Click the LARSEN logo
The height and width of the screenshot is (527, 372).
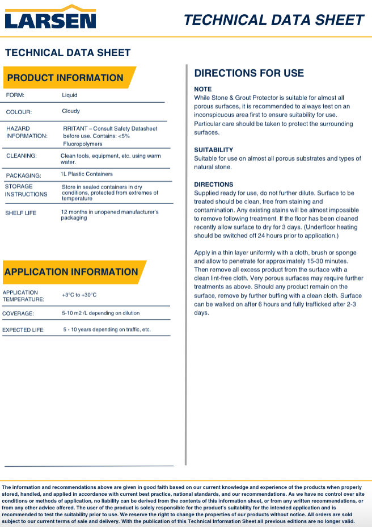(50, 18)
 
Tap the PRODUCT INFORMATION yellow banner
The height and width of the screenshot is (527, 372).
(65, 78)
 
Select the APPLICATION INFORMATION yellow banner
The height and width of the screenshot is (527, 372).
(71, 272)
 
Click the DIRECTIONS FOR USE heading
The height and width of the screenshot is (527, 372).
(249, 73)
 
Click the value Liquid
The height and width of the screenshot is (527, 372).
(70, 95)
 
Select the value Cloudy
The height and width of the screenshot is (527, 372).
(71, 111)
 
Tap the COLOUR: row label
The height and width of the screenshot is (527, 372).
(19, 112)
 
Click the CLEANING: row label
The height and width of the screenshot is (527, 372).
(22, 156)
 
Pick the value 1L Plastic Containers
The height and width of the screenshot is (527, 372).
(87, 174)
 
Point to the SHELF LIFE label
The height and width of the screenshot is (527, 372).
(21, 214)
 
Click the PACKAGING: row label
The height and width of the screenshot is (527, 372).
(23, 176)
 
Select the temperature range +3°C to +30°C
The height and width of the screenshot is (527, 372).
(79, 295)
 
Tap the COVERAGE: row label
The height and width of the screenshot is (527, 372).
(18, 313)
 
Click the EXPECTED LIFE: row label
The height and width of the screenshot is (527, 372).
(24, 330)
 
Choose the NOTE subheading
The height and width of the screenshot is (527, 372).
(202, 89)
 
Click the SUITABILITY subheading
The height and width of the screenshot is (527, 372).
(213, 150)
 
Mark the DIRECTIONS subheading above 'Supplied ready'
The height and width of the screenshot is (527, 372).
(213, 185)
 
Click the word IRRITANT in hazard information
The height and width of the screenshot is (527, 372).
(76, 129)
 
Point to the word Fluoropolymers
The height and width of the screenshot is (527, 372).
(83, 144)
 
